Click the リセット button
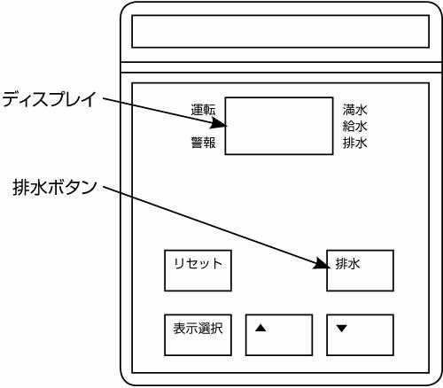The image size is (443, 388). tap(198, 270)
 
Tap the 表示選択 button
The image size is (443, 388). tap(198, 335)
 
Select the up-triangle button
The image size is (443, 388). tap(279, 335)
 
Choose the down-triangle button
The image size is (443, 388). tap(360, 335)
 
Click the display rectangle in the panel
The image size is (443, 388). tap(279, 126)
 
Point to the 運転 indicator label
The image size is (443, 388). tap(203, 110)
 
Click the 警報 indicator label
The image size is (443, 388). tap(203, 143)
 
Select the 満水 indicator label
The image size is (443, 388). tap(355, 110)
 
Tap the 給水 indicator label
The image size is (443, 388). tap(355, 127)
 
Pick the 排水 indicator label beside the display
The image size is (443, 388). tap(355, 143)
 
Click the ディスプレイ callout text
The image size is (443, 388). tap(50, 99)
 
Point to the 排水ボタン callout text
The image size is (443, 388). tap(55, 187)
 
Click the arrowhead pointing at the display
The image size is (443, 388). tap(219, 123)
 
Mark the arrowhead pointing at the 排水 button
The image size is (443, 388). tap(322, 264)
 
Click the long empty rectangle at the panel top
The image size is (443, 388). tap(280, 31)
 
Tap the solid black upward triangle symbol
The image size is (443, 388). tap(260, 328)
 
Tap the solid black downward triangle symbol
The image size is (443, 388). tap(342, 329)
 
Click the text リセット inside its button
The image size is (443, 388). tap(198, 263)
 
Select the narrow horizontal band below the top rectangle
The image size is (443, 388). tap(282, 67)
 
